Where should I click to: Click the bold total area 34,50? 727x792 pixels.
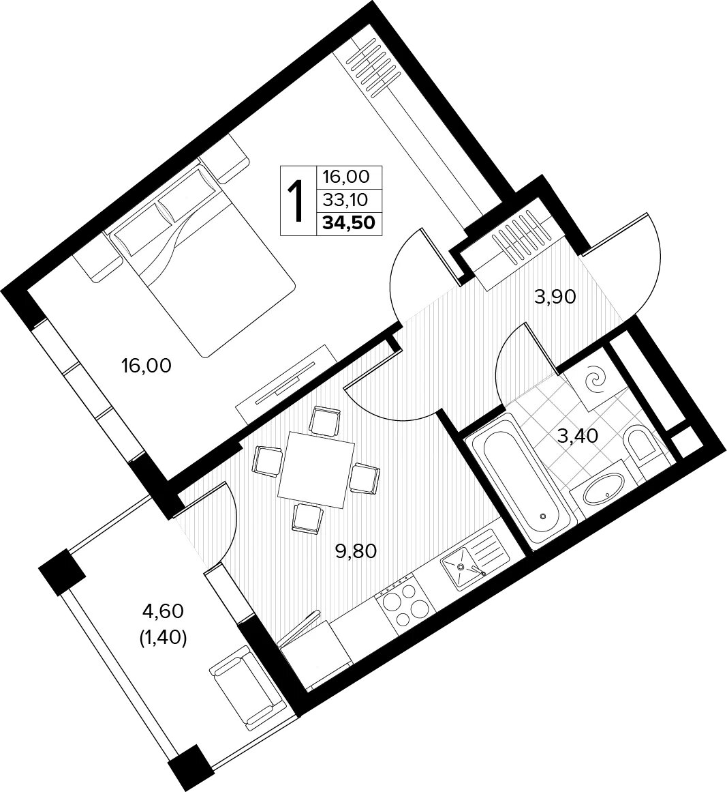349,223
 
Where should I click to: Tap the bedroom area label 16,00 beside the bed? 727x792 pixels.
146,365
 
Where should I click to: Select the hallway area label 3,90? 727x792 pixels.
555,297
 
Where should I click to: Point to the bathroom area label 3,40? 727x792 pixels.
578,435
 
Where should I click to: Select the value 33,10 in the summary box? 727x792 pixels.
346,201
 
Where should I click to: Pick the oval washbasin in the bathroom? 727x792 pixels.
603,488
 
